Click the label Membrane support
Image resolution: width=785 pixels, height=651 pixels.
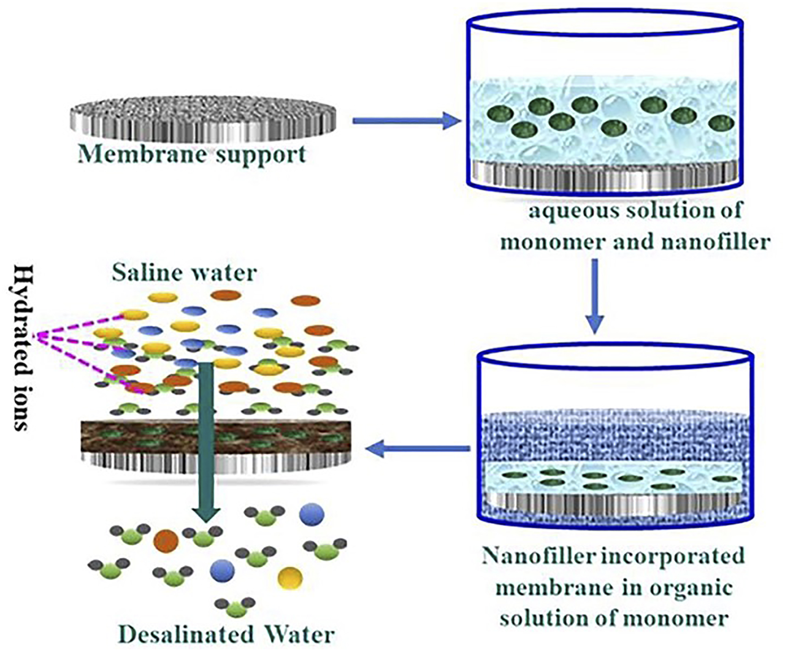tap(192, 154)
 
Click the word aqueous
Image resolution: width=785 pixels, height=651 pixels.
tap(567, 210)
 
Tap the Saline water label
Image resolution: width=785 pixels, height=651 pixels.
tap(184, 272)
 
